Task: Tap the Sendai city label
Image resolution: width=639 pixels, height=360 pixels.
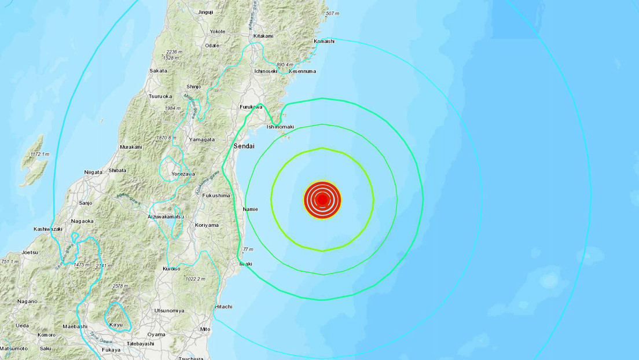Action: click(x=244, y=146)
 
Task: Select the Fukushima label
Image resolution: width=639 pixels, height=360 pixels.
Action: click(x=216, y=196)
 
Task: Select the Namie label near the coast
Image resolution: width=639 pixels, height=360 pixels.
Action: click(x=250, y=210)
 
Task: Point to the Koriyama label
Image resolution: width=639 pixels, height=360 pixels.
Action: click(x=207, y=225)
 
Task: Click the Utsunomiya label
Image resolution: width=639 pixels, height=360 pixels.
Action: click(x=169, y=311)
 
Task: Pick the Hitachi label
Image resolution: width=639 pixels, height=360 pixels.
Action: click(x=223, y=306)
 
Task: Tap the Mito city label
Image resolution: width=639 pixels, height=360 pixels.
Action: click(x=204, y=329)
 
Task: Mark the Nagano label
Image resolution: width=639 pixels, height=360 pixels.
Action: click(x=27, y=302)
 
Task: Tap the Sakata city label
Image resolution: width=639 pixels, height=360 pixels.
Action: click(x=158, y=71)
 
